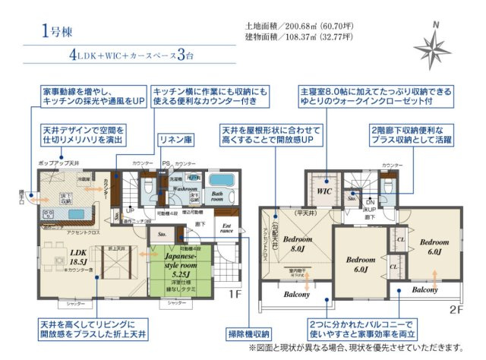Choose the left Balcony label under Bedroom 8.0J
(x=297, y=294)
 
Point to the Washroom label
(x=185, y=188)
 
